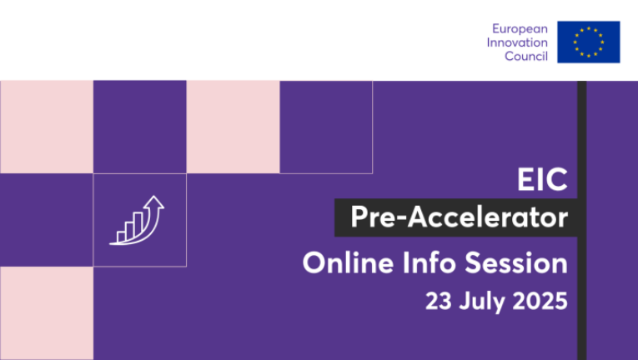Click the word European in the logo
point(520,29)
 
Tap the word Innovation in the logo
point(517,42)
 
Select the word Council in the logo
point(526,56)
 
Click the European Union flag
point(588,42)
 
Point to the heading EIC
point(542,179)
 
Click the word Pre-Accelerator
point(459,217)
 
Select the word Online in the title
point(349,262)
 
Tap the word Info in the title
point(430,262)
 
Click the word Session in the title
point(516,262)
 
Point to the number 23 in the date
point(438,302)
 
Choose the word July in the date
point(482,302)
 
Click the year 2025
point(540,302)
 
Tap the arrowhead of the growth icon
point(153,202)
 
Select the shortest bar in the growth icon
point(121,237)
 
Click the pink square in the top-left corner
point(47,127)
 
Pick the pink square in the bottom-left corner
point(47,313)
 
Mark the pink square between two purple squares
point(234,127)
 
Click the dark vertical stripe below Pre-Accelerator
point(582,298)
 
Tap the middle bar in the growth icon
point(129,231)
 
